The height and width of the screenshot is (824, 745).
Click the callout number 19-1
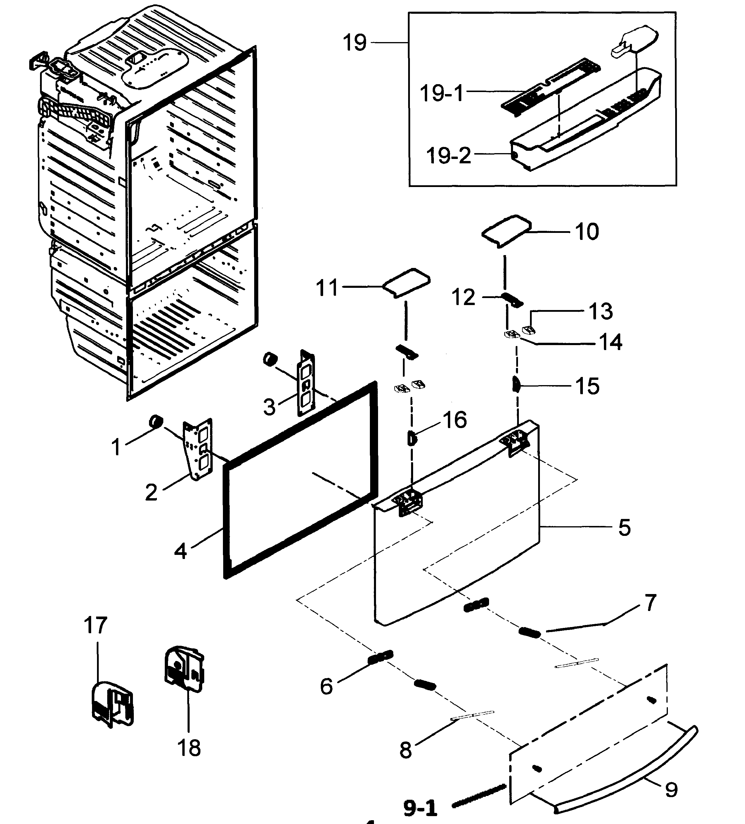pyautogui.click(x=442, y=93)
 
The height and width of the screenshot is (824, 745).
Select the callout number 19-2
pyautogui.click(x=448, y=156)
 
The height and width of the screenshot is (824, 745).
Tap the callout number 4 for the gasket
pyautogui.click(x=180, y=551)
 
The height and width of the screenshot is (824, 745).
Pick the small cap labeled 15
pyautogui.click(x=516, y=384)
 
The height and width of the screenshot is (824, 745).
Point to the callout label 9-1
pyautogui.click(x=420, y=808)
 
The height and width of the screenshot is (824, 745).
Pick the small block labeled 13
pyautogui.click(x=529, y=328)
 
